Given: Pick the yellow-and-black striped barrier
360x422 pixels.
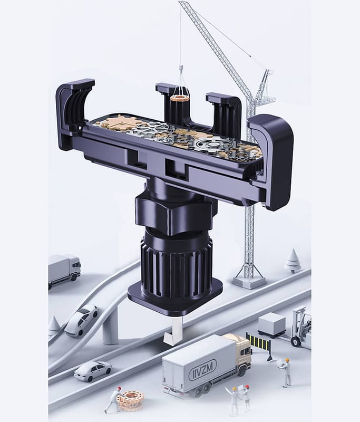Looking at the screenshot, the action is (259, 343).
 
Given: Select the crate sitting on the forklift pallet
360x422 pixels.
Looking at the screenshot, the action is (271, 322).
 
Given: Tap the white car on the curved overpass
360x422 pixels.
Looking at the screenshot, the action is (81, 320).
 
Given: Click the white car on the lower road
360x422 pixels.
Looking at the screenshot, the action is (93, 371).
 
